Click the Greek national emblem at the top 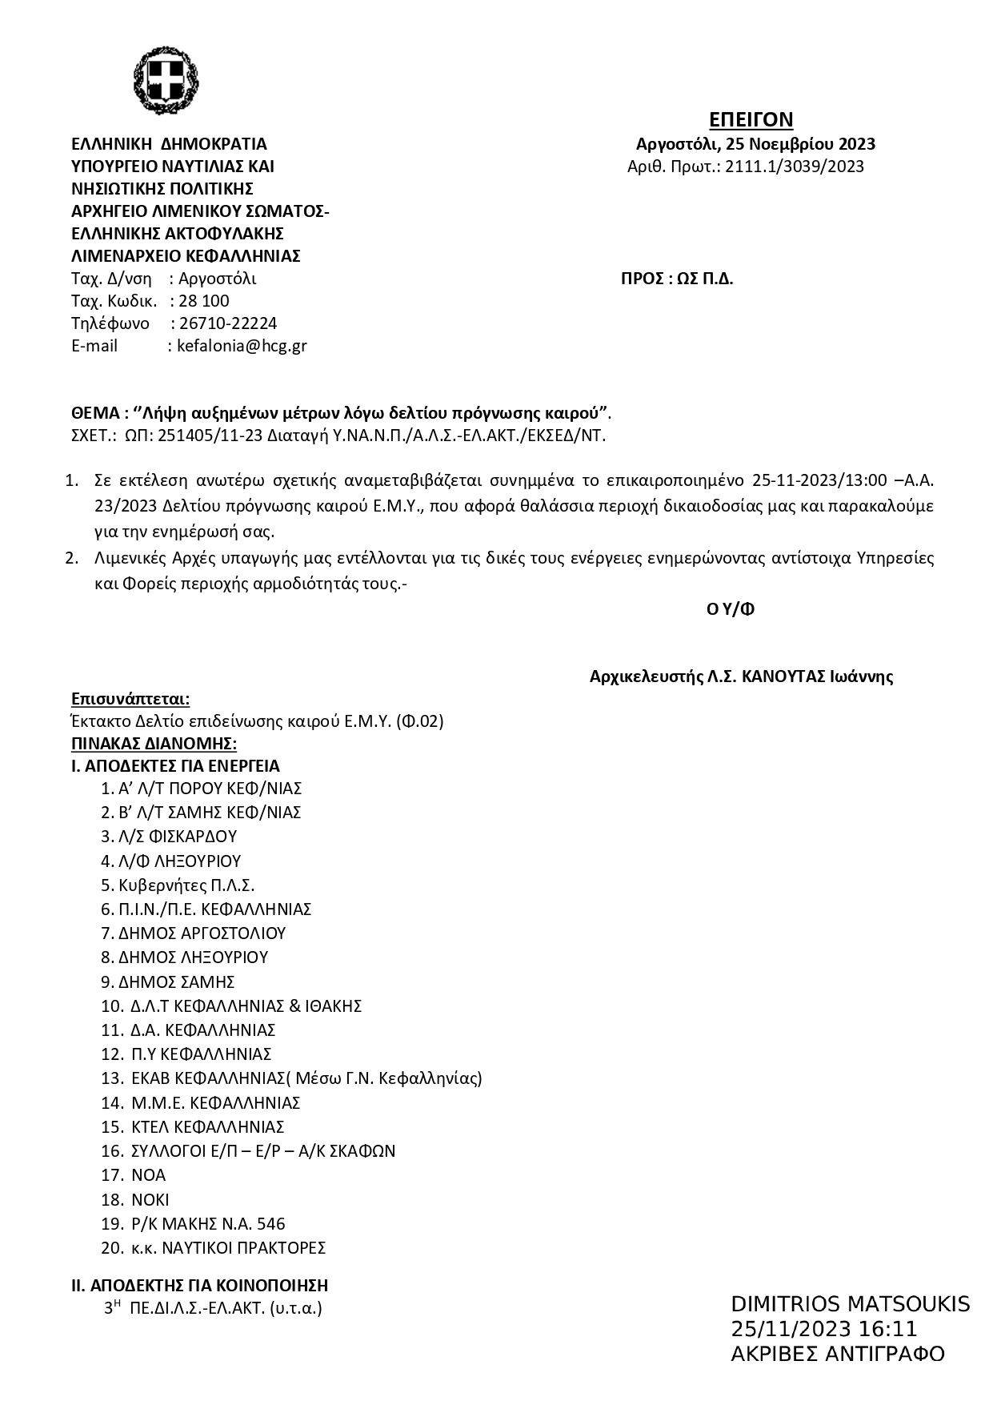pos(166,81)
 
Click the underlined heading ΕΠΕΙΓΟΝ pos(751,120)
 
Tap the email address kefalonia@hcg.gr pos(242,346)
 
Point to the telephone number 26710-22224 pos(228,323)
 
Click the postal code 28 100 pos(204,301)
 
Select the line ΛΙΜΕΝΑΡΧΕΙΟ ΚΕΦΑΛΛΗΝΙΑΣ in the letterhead pos(186,256)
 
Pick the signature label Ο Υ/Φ pos(731,609)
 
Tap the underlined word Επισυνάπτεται pos(130,699)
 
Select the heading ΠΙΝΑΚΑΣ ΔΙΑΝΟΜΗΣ pos(154,743)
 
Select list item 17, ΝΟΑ pos(148,1175)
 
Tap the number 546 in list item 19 pos(270,1224)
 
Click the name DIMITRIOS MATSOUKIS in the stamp pos(850,1304)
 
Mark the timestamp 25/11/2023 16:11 pos(823,1330)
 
